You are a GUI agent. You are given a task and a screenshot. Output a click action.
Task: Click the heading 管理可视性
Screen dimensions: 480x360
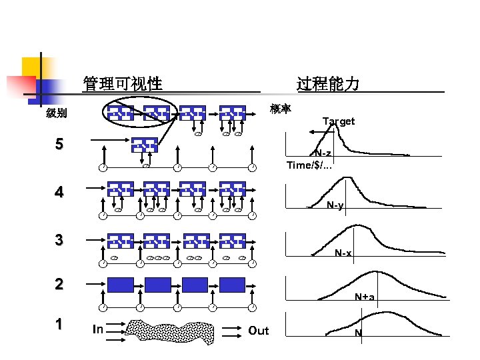pyautogui.click(x=123, y=84)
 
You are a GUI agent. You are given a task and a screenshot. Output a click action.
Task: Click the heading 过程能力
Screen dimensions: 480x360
pyautogui.click(x=328, y=84)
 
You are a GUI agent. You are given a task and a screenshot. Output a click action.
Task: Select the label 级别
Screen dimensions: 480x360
pyautogui.click(x=56, y=113)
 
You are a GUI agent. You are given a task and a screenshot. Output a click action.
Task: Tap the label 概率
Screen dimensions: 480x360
pyautogui.click(x=281, y=109)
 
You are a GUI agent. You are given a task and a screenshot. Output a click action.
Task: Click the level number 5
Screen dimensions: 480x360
pyautogui.click(x=59, y=144)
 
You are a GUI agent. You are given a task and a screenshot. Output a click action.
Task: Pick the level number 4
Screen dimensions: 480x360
pyautogui.click(x=59, y=193)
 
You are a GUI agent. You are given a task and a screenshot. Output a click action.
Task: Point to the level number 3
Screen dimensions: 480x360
pyautogui.click(x=59, y=240)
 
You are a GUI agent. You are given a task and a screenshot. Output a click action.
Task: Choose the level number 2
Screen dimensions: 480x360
pyautogui.click(x=59, y=284)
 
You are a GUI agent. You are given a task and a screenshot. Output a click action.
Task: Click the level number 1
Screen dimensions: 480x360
pyautogui.click(x=59, y=325)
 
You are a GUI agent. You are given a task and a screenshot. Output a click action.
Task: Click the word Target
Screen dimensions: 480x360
pyautogui.click(x=339, y=121)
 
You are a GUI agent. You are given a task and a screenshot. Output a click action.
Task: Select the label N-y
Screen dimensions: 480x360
pyautogui.click(x=335, y=205)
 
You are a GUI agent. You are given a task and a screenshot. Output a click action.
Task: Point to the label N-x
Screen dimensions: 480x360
pyautogui.click(x=343, y=253)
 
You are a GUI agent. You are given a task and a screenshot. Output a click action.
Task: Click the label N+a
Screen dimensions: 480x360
pyautogui.click(x=364, y=297)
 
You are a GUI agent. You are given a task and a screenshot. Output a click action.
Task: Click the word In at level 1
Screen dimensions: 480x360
pyautogui.click(x=98, y=329)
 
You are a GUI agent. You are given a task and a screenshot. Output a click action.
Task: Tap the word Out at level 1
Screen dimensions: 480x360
pyautogui.click(x=258, y=331)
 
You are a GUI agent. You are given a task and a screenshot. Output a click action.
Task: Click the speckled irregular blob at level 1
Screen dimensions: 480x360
pyautogui.click(x=173, y=330)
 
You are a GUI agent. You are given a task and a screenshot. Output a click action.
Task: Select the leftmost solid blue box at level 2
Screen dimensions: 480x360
pyautogui.click(x=121, y=285)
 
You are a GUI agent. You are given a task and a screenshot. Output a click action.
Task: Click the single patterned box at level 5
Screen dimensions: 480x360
pyautogui.click(x=144, y=145)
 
